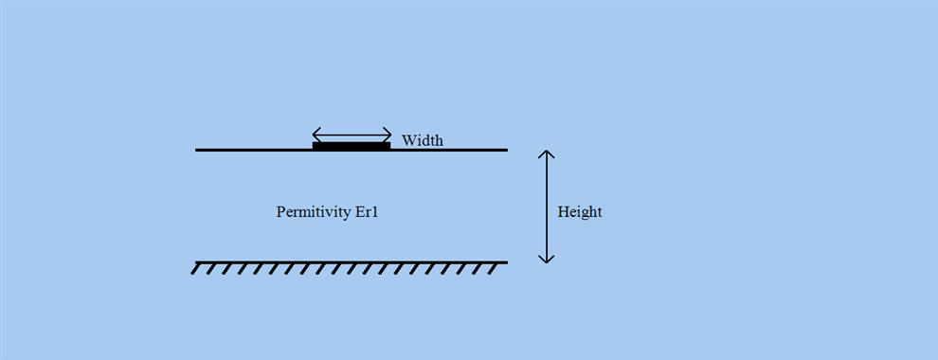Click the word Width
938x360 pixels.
pos(422,140)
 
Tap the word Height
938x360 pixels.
pos(579,211)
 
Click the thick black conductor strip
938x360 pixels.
pos(352,146)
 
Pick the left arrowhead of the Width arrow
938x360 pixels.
pos(316,134)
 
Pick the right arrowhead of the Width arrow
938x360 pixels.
pos(388,134)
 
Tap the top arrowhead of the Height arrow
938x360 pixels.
pos(546,153)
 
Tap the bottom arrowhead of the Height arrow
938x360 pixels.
pos(546,259)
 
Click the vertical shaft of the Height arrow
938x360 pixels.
pos(546,207)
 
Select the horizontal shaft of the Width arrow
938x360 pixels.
pos(352,134)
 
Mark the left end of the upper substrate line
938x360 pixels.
pos(197,150)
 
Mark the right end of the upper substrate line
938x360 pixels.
pos(506,150)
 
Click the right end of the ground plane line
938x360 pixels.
pos(506,262)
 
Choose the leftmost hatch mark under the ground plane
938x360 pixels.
pos(196,269)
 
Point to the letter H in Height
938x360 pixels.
pos(563,211)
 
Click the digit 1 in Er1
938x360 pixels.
pos(375,211)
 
